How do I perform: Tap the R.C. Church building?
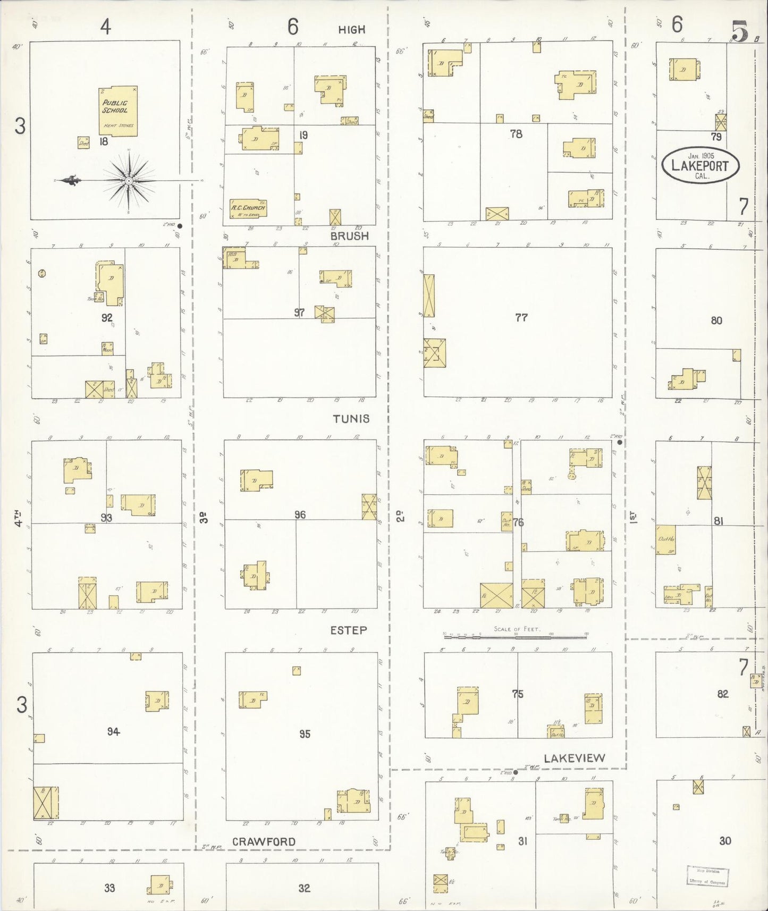coord(247,208)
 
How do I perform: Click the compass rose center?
coord(129,181)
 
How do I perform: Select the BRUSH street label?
coord(349,236)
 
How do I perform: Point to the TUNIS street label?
coord(351,419)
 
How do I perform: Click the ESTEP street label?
coord(348,630)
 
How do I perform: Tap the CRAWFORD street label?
coord(264,842)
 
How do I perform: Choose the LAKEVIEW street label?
coord(575,758)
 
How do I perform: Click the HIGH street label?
coord(351,30)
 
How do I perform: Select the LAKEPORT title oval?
coord(700,165)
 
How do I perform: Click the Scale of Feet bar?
coord(515,635)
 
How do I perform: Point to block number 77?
coord(521,318)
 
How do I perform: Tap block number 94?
coord(113,732)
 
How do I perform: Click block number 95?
coord(305,734)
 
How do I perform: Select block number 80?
coord(716,320)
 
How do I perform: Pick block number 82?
coord(722,694)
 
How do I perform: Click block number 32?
coord(304,888)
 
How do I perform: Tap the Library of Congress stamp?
coord(707,876)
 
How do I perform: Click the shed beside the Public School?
coord(83,142)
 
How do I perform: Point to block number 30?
coord(725,841)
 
